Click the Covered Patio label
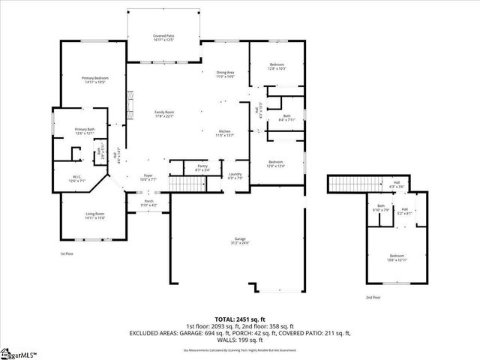coord(163,37)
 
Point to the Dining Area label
coord(226,74)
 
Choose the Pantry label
coord(202,167)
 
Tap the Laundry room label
coord(235,176)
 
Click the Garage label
coord(240,241)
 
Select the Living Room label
coord(94,216)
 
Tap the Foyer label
coord(148,178)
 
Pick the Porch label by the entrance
coord(148,203)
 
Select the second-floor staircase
coord(354,184)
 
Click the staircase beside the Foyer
coord(183,184)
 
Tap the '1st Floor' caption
coord(67,253)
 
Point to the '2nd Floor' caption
coord(372,298)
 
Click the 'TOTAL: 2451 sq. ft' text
coord(240,319)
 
